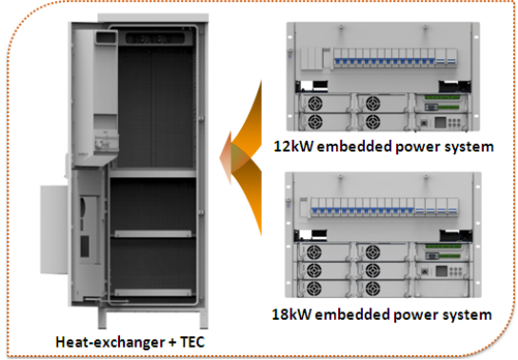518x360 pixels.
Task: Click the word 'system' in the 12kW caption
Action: click(471, 148)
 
